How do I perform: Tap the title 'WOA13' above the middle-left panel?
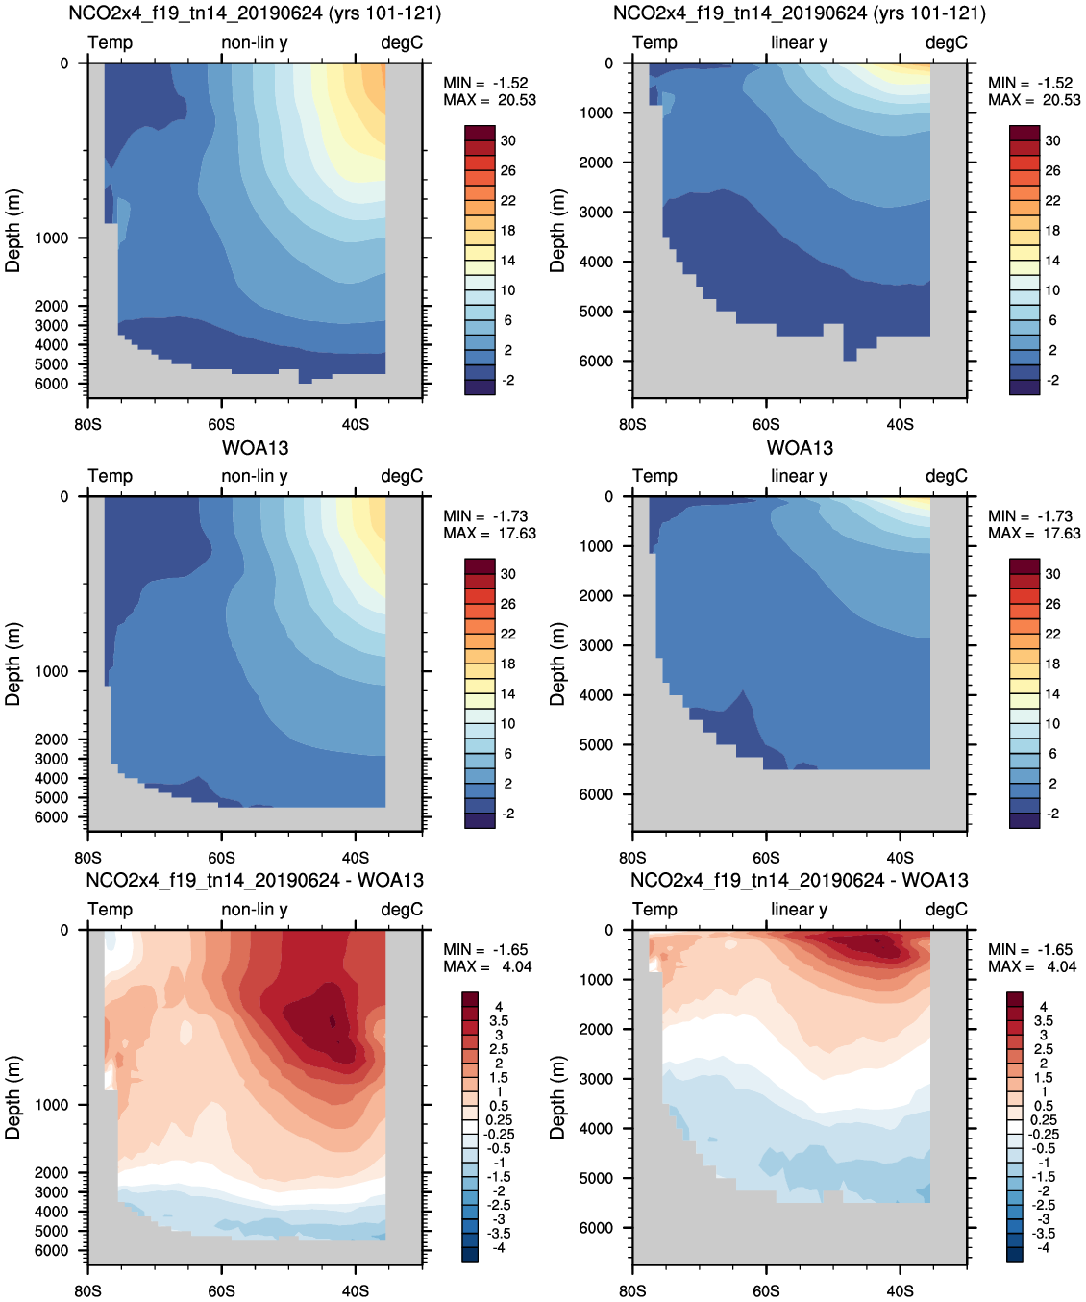[x=255, y=448]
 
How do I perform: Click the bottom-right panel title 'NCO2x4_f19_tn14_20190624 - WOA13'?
[x=799, y=880]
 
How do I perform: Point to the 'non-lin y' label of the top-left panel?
[x=254, y=43]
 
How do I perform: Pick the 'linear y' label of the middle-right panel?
[x=799, y=476]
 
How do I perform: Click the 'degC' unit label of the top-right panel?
[x=946, y=43]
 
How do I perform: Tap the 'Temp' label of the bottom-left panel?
[x=111, y=909]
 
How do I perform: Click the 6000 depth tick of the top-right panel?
[x=596, y=362]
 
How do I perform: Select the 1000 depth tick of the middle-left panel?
[x=52, y=671]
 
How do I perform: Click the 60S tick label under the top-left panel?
[x=221, y=424]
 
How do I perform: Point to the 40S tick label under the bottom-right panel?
[x=900, y=1290]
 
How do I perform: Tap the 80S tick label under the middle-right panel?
[x=632, y=857]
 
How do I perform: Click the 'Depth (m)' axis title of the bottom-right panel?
[x=557, y=1096]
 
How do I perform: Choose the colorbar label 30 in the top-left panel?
[x=507, y=140]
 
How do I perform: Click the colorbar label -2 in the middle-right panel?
[x=1052, y=814]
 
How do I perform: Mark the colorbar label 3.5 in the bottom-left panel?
[x=499, y=1021]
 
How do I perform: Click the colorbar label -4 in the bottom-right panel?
[x=1043, y=1247]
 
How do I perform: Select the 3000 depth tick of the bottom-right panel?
[x=596, y=1079]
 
